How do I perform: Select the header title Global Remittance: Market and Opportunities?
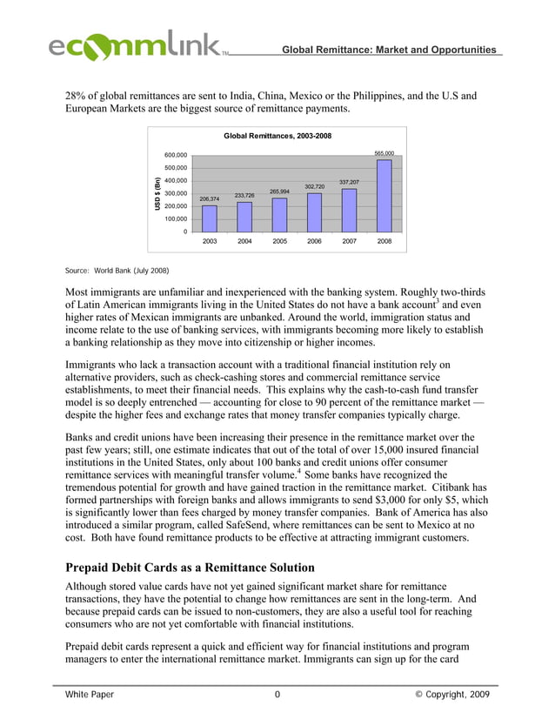pos(388,50)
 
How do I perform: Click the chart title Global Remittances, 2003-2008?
pos(277,136)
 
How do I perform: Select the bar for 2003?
pos(210,218)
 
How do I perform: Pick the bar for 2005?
pos(279,214)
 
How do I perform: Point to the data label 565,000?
pos(384,153)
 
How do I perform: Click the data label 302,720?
pos(314,186)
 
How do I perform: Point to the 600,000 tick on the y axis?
pos(175,155)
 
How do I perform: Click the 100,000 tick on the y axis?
pos(175,218)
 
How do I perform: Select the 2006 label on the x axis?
pos(314,241)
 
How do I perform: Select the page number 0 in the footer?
pos(277,695)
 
